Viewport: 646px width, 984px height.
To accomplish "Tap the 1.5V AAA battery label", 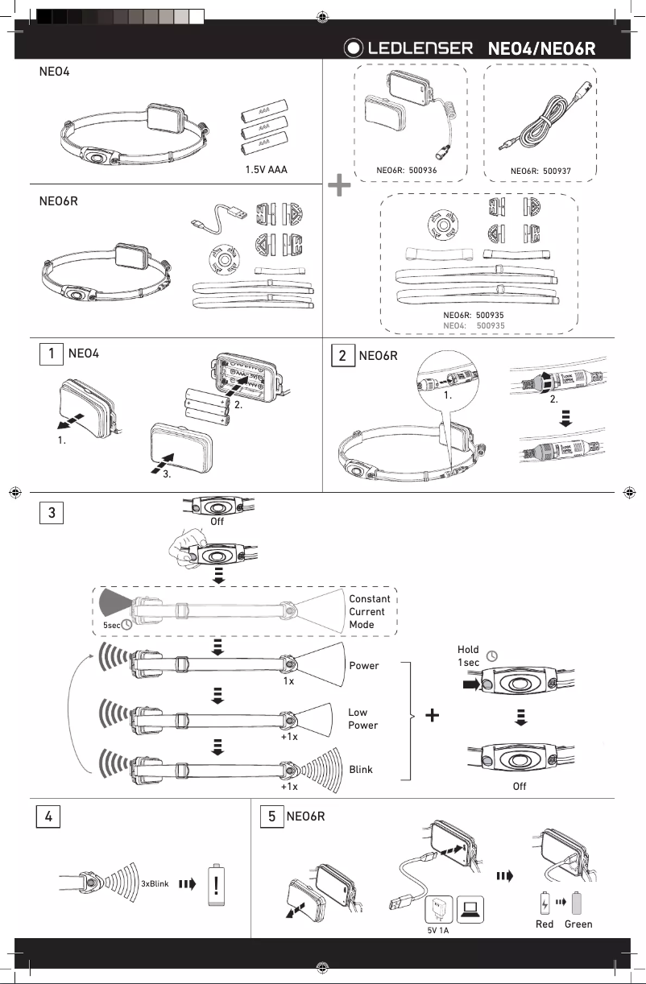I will (267, 170).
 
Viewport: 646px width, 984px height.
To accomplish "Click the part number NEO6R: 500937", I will (540, 171).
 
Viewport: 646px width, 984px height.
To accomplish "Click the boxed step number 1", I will (52, 353).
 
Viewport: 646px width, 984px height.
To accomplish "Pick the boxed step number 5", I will (272, 815).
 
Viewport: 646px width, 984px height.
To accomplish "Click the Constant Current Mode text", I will (369, 612).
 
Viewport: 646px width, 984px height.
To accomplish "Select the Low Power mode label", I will (362, 719).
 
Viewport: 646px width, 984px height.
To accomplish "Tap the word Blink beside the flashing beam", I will (361, 770).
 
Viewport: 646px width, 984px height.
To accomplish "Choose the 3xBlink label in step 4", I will (154, 883).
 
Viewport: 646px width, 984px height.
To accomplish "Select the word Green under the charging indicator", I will (578, 924).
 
